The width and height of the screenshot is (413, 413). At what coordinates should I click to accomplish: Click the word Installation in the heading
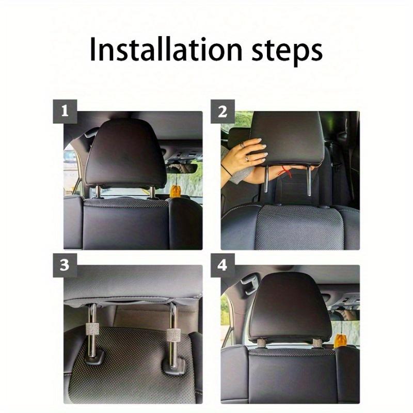pos(166,49)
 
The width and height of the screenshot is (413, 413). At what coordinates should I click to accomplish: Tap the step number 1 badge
pos(65,112)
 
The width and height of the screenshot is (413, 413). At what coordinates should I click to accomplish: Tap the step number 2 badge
pos(223,112)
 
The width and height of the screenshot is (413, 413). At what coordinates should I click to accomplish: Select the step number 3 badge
pos(65,265)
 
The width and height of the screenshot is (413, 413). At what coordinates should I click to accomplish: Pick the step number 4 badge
pos(223,265)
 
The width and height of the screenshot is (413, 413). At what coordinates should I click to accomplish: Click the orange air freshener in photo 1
pos(174,191)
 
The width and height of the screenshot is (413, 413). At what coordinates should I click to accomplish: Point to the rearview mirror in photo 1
pos(182,169)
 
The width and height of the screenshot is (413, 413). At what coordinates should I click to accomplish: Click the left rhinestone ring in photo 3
pos(92,329)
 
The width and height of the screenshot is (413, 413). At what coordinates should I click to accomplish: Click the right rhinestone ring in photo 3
pos(173,335)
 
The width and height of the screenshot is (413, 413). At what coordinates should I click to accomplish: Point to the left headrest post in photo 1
pos(98,192)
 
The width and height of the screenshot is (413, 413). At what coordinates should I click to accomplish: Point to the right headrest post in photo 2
pos(309,182)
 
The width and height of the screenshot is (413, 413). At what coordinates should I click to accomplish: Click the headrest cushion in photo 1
pos(126,153)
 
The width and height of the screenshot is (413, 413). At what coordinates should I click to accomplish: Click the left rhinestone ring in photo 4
pos(262,343)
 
